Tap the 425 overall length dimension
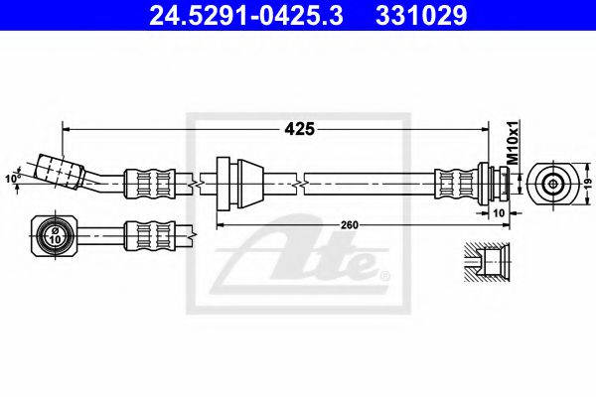tap(301, 128)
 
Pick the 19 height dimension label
tap(587, 182)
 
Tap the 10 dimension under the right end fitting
tap(499, 212)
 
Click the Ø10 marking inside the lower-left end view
tap(54, 235)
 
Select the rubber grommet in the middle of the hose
tap(237, 182)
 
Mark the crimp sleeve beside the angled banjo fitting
tap(146, 183)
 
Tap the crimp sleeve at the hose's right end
tap(458, 183)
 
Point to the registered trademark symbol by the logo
tap(385, 273)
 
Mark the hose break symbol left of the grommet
tap(203, 183)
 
